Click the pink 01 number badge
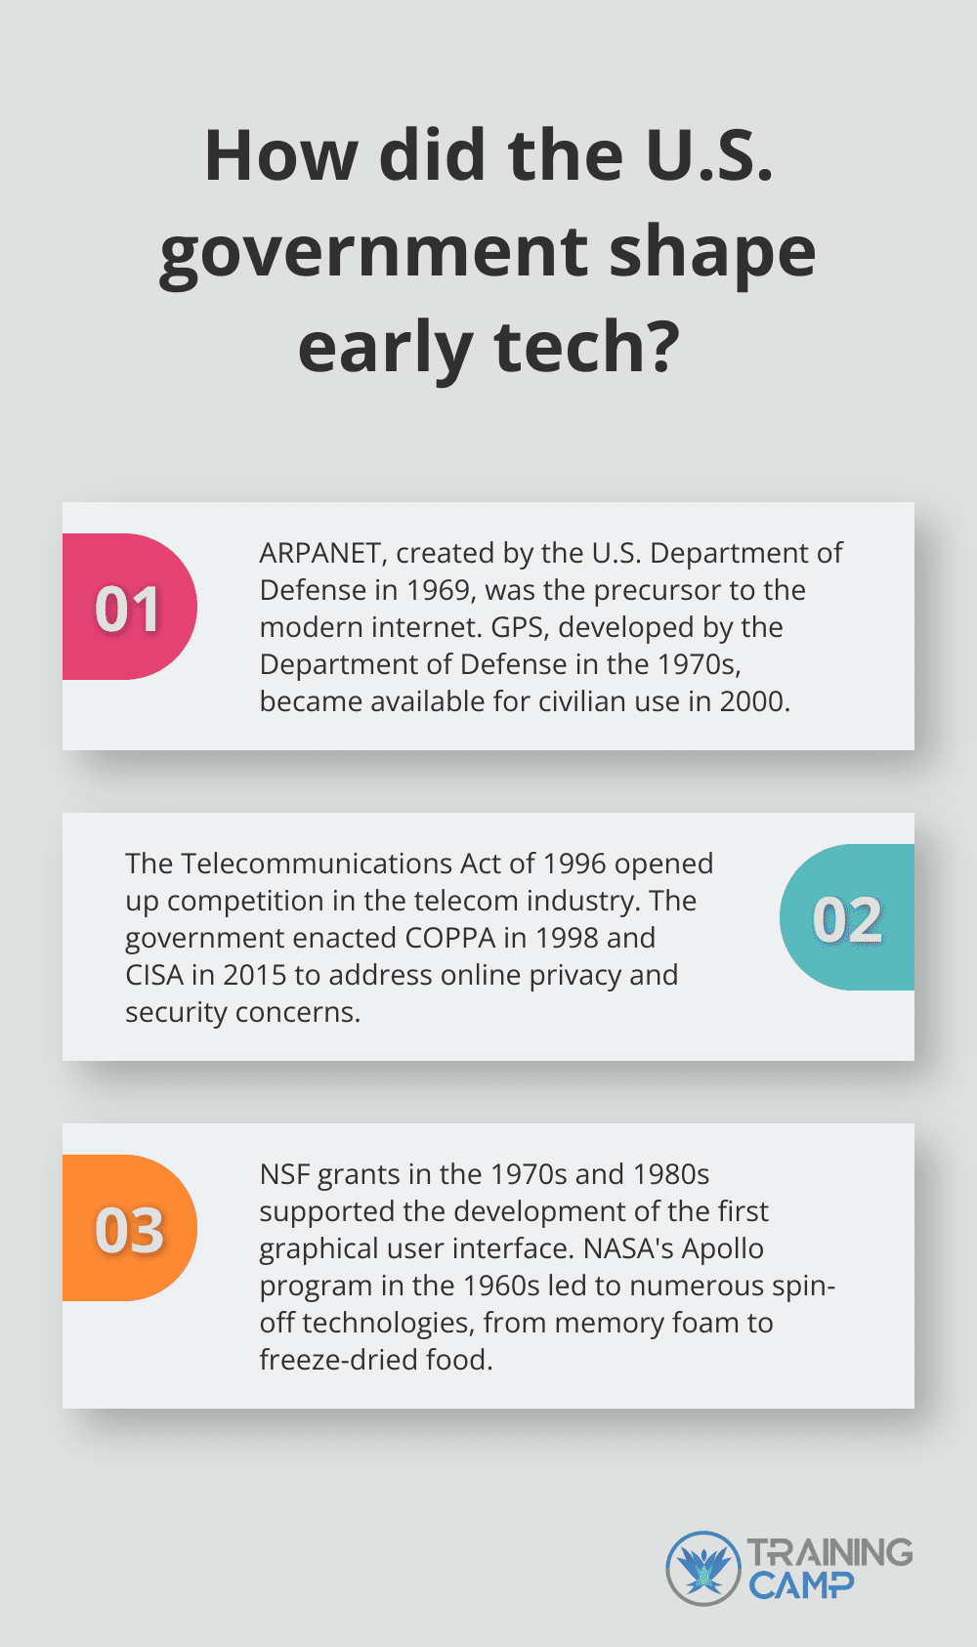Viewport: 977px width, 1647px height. (x=129, y=608)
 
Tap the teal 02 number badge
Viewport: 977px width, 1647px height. (x=847, y=918)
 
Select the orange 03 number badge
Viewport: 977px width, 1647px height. (x=129, y=1229)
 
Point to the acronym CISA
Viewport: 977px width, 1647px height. (x=154, y=975)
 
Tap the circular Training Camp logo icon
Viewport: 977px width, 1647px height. (x=703, y=1568)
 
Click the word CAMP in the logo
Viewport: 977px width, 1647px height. (x=801, y=1584)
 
